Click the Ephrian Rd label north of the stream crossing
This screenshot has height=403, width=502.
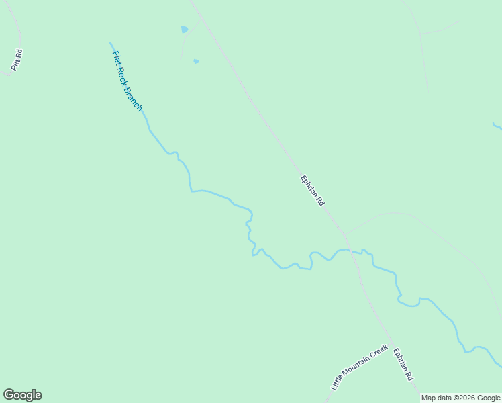coord(312,191)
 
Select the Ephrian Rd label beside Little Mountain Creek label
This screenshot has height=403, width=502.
coord(403,365)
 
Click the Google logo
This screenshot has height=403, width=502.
coord(22,395)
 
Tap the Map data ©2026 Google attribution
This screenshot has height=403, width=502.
coord(460,398)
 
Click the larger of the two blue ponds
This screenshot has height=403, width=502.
coord(184,30)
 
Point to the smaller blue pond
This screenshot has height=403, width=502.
coord(196,61)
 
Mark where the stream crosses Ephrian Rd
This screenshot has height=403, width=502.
coord(351,251)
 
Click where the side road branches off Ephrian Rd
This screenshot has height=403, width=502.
coord(345,234)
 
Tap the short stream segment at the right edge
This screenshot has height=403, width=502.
coord(497,125)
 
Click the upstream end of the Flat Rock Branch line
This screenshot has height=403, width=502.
coord(111,42)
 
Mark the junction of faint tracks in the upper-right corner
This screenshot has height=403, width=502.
coord(420,33)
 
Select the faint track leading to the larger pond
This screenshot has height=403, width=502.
coord(183,44)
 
